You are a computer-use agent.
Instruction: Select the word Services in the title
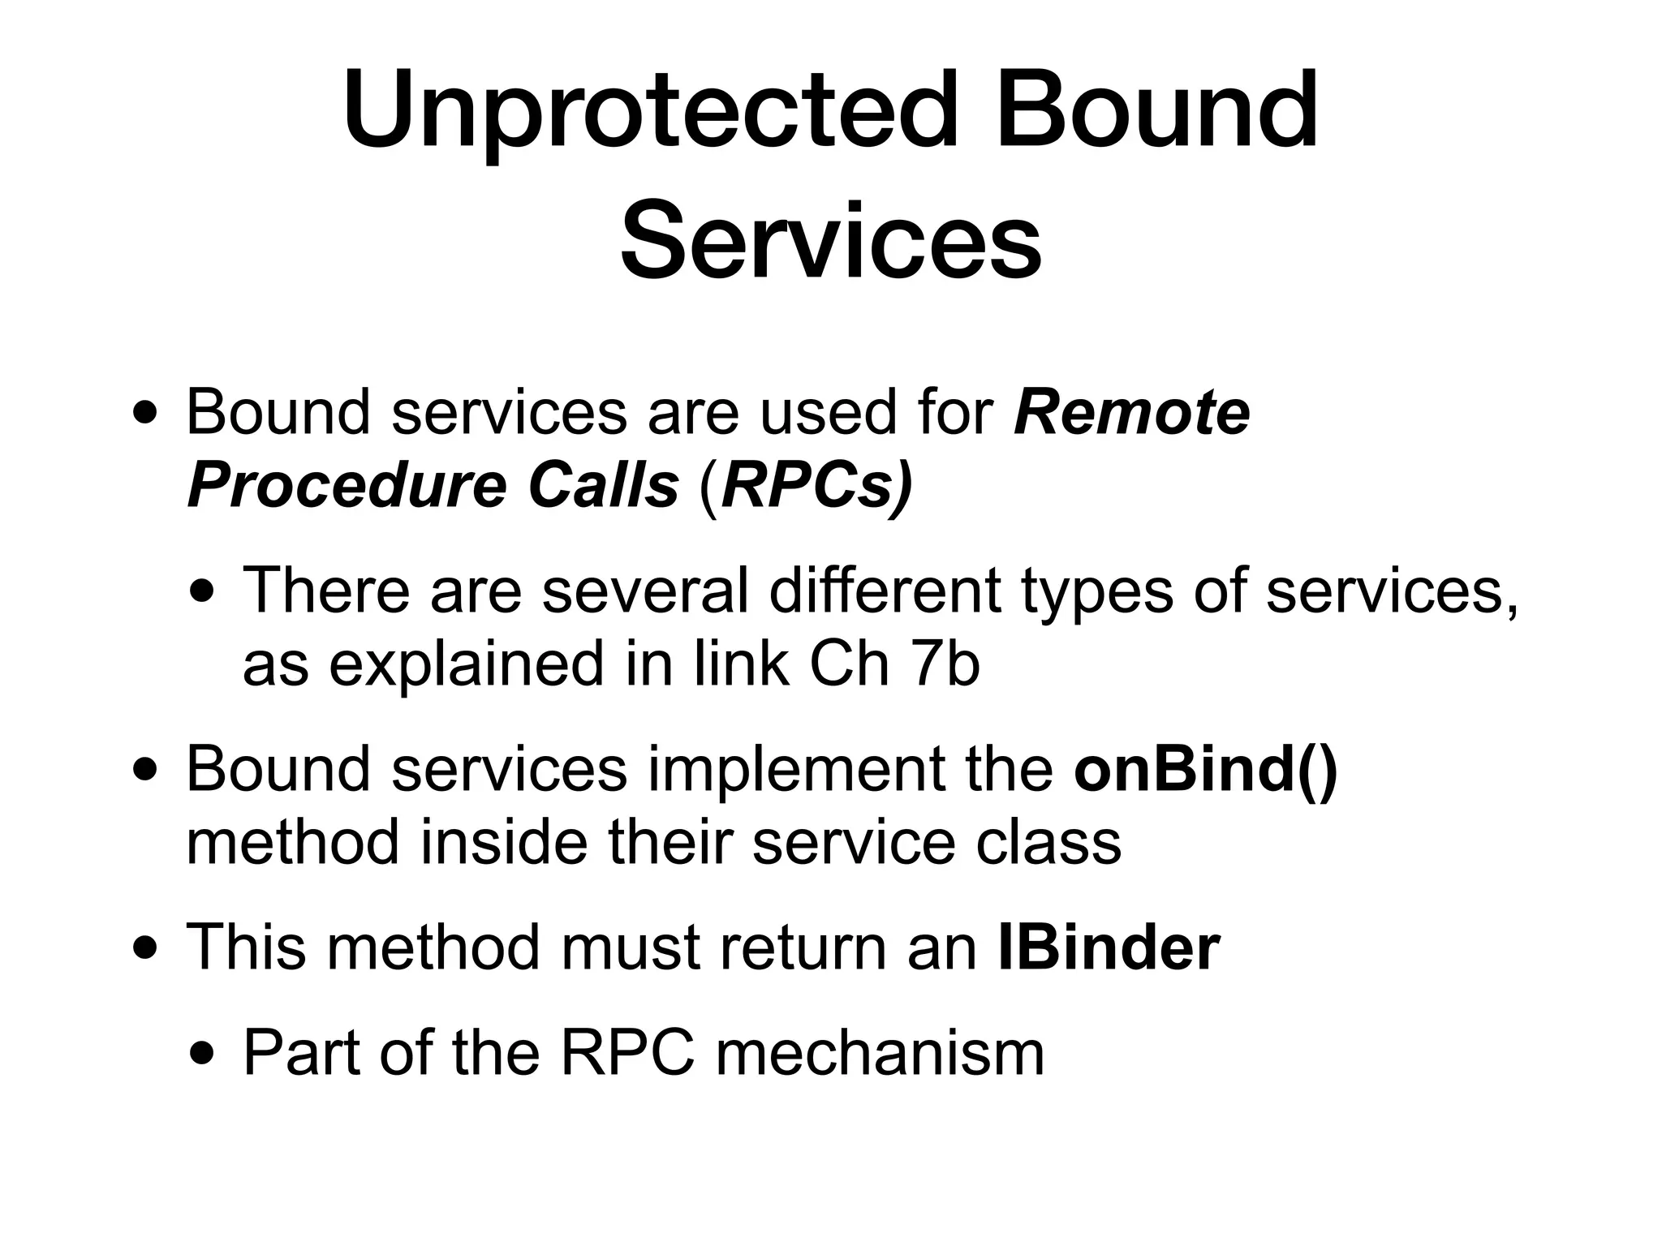tap(830, 241)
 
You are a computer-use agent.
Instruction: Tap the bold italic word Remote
tap(1131, 413)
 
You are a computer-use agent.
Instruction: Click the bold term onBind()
tap(1205, 769)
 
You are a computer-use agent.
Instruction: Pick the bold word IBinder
tap(1109, 947)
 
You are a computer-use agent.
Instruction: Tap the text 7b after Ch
tap(945, 664)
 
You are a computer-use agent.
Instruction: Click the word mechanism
tap(880, 1053)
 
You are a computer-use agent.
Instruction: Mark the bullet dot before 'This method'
tap(146, 947)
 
